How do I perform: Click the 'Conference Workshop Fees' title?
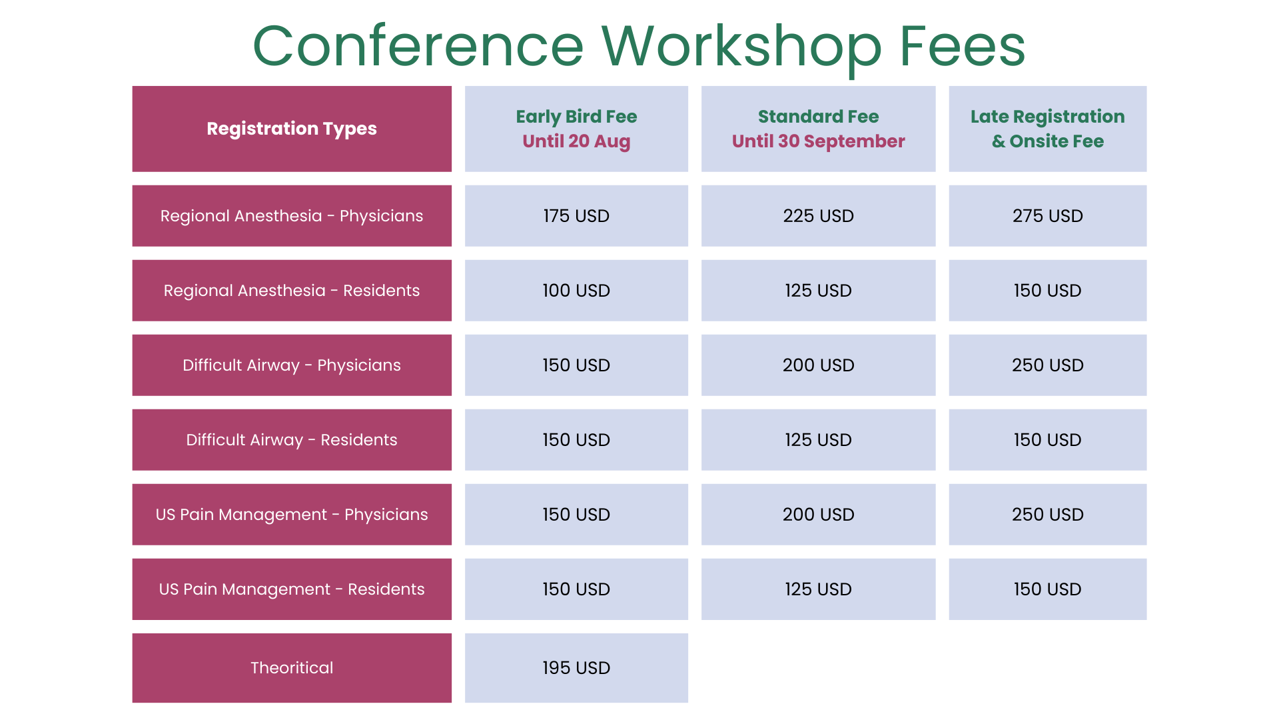tap(639, 46)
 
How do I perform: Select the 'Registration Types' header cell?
tap(292, 129)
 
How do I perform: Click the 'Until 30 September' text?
tap(818, 141)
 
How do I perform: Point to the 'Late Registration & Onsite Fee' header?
tap(1048, 129)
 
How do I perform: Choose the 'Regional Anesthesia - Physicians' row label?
tap(292, 216)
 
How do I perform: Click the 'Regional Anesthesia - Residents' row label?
tap(292, 291)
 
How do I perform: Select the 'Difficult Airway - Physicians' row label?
tap(292, 365)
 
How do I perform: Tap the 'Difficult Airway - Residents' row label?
tap(292, 440)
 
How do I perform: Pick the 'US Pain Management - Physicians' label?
tap(292, 515)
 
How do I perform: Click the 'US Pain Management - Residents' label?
tap(292, 589)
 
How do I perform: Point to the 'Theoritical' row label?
tap(292, 668)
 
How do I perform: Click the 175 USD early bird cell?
tap(576, 216)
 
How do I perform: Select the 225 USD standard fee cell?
tap(818, 216)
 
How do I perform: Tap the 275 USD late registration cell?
tap(1048, 216)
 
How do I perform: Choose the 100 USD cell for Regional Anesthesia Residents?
tap(576, 291)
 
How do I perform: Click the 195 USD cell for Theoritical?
tap(576, 668)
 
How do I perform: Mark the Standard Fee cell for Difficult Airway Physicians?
tap(818, 365)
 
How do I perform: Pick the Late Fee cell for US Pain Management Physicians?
tap(1048, 515)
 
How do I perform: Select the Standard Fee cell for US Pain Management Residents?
tap(818, 589)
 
